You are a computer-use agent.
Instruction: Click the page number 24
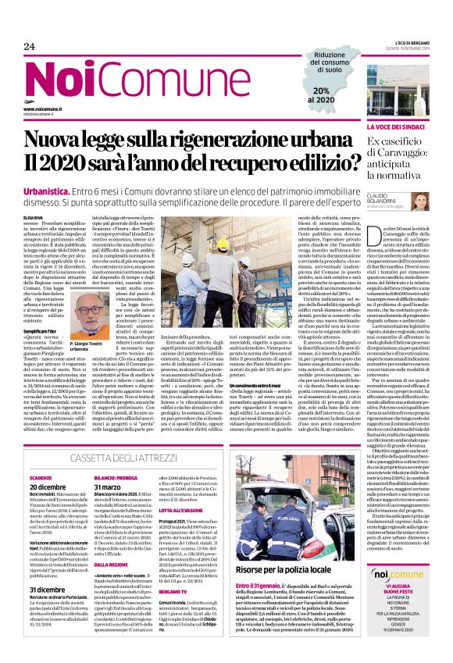[30, 47]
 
